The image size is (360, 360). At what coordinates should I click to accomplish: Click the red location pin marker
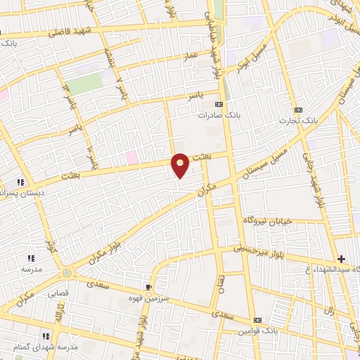(181, 164)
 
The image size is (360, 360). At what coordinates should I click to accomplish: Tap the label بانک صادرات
(214, 114)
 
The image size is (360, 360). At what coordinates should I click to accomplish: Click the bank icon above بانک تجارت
(298, 110)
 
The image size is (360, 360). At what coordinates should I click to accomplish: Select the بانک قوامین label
(258, 330)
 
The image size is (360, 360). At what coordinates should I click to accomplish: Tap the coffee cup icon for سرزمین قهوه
(148, 287)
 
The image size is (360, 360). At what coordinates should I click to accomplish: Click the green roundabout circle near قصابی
(67, 273)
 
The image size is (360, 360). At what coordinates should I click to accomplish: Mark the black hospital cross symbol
(341, 259)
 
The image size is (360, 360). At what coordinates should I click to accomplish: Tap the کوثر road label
(49, 246)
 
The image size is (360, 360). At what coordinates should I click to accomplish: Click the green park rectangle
(85, 84)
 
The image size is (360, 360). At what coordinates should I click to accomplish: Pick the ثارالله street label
(61, 310)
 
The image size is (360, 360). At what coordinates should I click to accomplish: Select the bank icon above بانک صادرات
(228, 103)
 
